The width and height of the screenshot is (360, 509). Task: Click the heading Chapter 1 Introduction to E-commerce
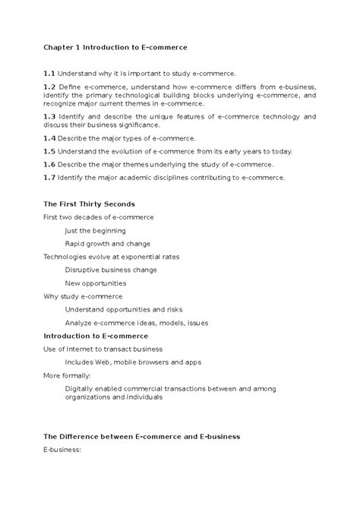[115, 47]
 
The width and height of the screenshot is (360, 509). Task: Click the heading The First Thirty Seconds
[89, 204]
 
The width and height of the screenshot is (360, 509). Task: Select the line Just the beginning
[95, 230]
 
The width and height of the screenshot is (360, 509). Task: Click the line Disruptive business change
[111, 270]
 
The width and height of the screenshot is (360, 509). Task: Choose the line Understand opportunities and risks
[125, 309]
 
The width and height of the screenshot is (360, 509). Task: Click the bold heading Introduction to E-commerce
[96, 335]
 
